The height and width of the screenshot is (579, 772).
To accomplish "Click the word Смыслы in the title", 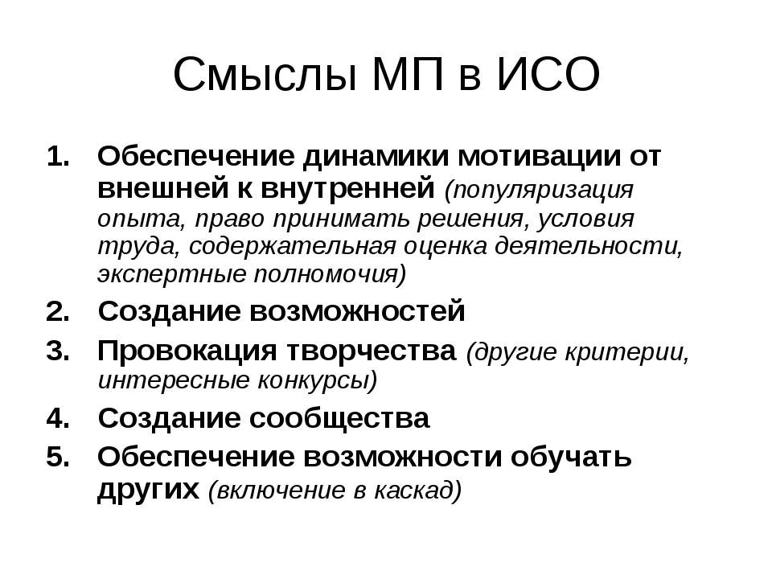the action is [x=265, y=75].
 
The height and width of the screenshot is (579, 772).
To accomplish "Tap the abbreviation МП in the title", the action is [x=408, y=74].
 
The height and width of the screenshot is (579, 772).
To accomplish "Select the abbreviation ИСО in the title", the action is [x=548, y=74].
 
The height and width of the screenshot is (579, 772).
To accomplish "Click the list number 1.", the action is [x=58, y=157].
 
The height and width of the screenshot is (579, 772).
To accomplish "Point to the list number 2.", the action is [x=58, y=312].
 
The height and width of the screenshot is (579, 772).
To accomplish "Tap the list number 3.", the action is [x=58, y=351].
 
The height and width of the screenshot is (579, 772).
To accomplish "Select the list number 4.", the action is [x=58, y=418].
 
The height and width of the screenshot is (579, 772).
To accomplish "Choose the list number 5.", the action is [x=58, y=457].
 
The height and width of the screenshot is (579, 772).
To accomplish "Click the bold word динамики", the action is [x=376, y=158].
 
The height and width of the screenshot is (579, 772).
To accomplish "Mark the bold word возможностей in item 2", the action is [x=357, y=312].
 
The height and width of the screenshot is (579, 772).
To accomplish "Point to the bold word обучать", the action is [x=571, y=457].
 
